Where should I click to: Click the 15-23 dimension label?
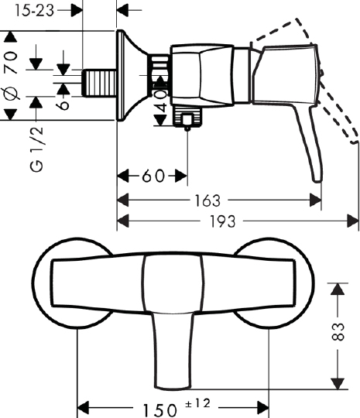coord(34,11)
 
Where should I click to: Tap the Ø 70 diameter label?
coord(10,76)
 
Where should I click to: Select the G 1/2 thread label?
coord(36,149)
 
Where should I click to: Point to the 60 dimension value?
coord(153,176)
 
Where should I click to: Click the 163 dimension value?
coord(207,200)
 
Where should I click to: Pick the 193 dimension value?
coord(223,221)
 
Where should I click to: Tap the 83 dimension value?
coord(338,331)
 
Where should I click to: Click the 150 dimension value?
coord(159,409)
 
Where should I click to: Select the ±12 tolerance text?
coord(197,403)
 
